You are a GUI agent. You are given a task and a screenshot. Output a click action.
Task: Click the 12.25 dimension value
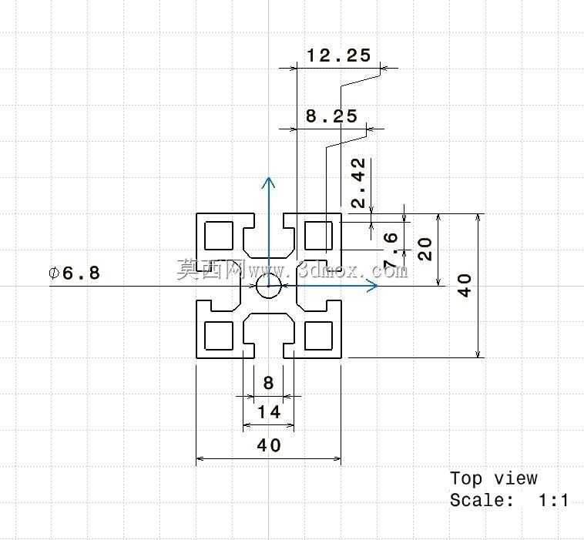pos(338,55)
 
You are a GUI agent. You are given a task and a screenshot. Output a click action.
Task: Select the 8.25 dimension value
pos(331,116)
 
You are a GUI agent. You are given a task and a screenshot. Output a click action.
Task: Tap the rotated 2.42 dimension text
pos(358,183)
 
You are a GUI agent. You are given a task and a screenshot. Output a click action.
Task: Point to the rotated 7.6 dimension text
pos(390,250)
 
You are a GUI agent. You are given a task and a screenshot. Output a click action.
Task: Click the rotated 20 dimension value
pos(425,249)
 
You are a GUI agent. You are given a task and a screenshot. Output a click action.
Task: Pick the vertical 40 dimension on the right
pos(465,285)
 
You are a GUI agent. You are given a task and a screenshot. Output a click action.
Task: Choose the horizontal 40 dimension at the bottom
pos(269,445)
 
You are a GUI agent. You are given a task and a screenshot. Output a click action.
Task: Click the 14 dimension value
pos(269,412)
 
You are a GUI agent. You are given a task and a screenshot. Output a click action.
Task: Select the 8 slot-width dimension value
pos(268,383)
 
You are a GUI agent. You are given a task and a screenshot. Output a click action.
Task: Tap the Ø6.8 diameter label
pos(75,273)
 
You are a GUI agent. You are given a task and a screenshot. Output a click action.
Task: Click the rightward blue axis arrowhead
pos(373,286)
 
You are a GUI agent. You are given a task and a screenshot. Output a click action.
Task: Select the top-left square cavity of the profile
pos(219,236)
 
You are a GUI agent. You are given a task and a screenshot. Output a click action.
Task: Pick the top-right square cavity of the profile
pos(318,236)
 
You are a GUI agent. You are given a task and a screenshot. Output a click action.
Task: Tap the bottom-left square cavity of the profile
pos(219,336)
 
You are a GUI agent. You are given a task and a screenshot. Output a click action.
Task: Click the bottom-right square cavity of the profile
pos(318,336)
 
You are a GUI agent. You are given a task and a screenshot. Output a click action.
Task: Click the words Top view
pos(494,478)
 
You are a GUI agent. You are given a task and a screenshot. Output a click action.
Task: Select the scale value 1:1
pos(553,500)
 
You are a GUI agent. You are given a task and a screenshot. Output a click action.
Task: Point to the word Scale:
pos(482,500)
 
